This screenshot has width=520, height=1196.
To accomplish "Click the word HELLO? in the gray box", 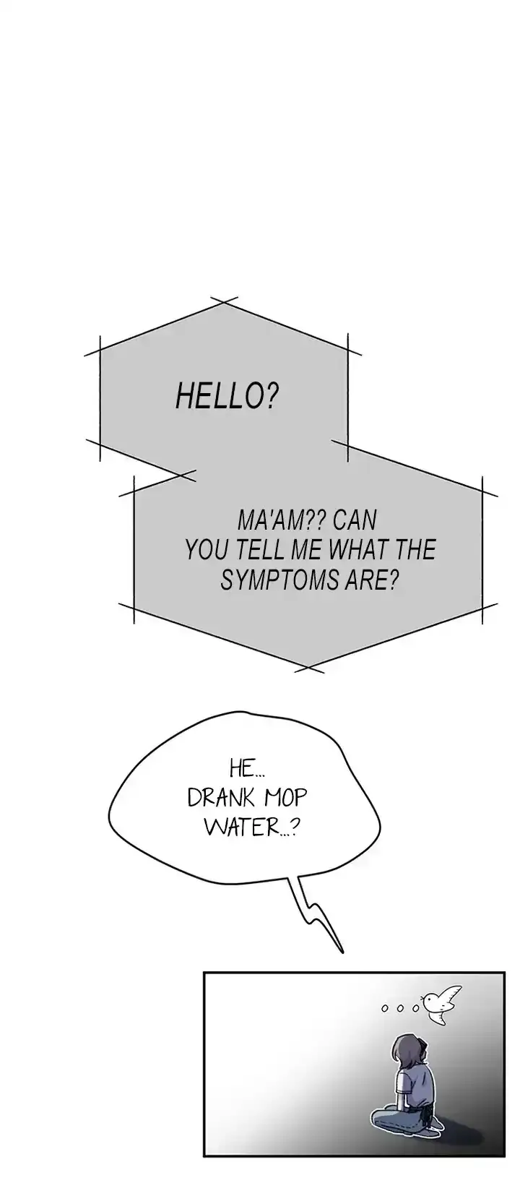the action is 227,395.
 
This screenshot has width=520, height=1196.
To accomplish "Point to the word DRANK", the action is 223,799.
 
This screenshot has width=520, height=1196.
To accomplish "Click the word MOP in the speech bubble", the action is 286,799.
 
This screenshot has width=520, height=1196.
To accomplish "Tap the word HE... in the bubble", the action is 247,769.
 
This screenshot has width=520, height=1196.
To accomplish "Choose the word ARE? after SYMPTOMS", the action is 370,580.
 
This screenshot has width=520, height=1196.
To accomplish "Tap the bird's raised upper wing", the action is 453,994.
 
